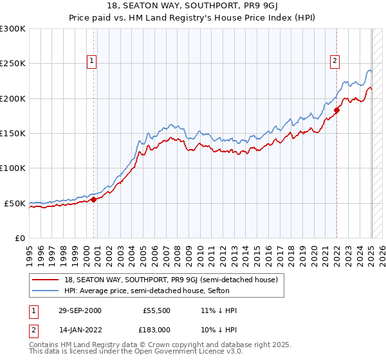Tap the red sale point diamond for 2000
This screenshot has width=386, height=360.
coord(94,199)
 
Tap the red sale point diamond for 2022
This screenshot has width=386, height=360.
coord(336,111)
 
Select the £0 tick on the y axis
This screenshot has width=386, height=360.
coord(19,238)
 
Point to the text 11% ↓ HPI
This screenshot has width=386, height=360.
coord(219,310)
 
